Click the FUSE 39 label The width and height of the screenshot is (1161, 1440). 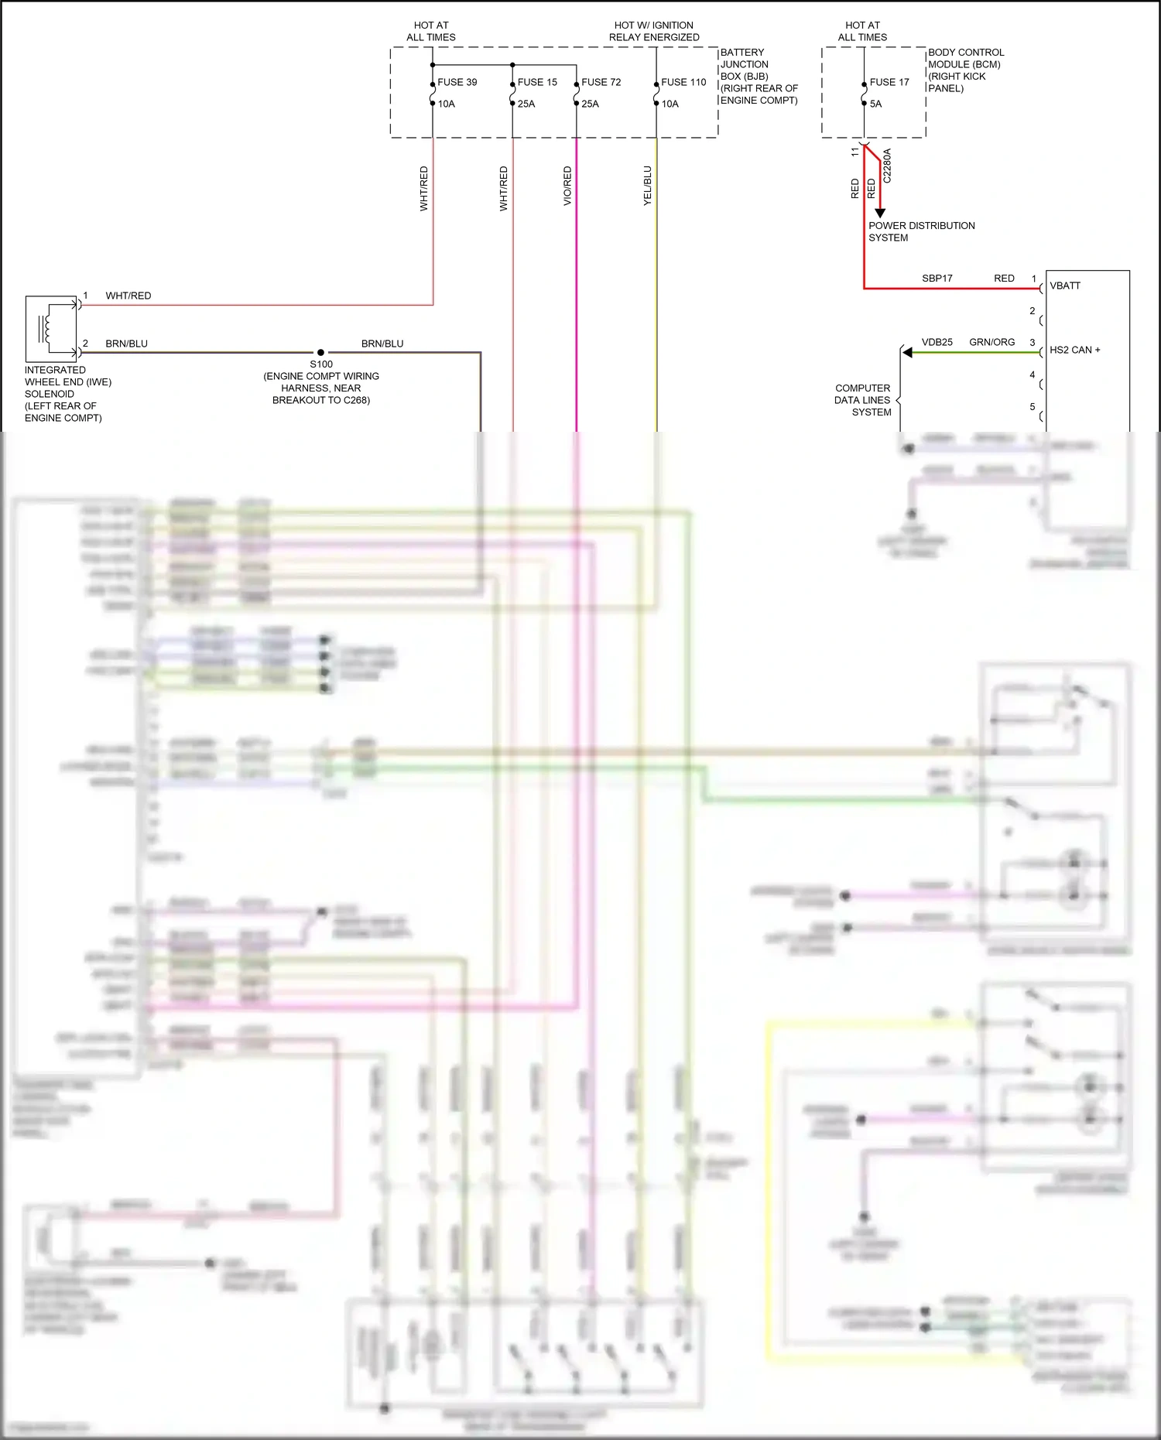click(457, 82)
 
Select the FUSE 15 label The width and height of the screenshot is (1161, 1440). click(537, 82)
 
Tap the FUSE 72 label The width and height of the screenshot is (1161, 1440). click(601, 82)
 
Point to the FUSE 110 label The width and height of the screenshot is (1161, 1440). click(683, 82)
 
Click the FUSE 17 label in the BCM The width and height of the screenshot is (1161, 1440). click(889, 82)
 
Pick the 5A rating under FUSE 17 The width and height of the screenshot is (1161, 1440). click(875, 104)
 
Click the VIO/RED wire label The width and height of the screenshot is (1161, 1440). click(567, 186)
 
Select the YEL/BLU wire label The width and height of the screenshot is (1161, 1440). click(648, 186)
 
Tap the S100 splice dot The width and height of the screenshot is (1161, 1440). click(320, 353)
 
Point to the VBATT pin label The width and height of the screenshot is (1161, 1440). click(1065, 286)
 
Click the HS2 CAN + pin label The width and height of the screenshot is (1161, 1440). click(1074, 350)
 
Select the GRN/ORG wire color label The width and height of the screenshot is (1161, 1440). click(991, 342)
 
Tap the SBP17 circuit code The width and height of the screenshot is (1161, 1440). click(937, 278)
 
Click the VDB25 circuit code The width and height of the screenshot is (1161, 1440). click(937, 342)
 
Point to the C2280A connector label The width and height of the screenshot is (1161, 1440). click(887, 166)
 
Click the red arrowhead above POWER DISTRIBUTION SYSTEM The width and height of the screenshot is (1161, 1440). click(880, 213)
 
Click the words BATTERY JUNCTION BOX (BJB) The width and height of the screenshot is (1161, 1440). click(744, 64)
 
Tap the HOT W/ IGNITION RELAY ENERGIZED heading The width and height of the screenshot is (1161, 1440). click(654, 31)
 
